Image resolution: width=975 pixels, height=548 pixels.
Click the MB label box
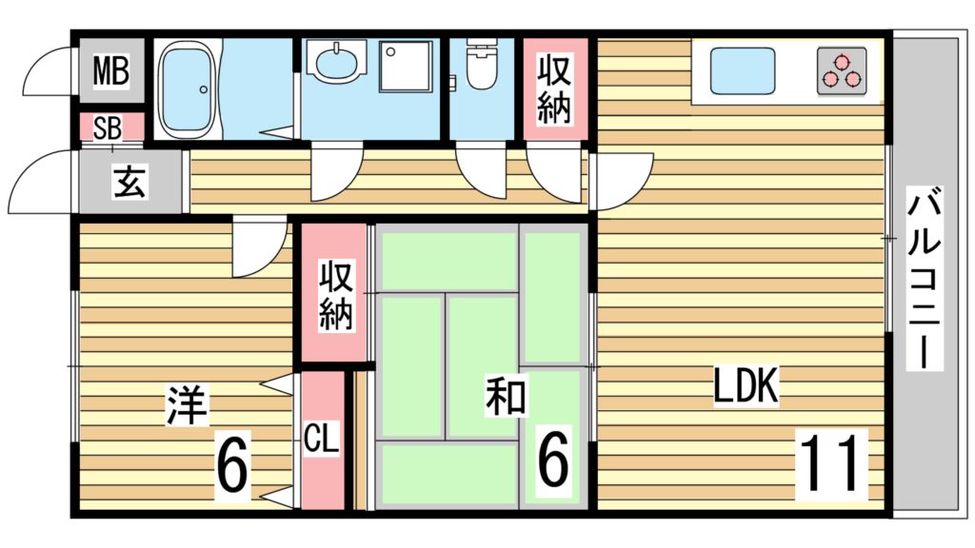[x=110, y=71]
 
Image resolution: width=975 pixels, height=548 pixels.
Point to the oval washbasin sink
[x=339, y=65]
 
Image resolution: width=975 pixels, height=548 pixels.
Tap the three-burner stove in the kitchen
[x=842, y=71]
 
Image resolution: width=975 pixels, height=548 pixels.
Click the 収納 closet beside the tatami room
[x=335, y=295]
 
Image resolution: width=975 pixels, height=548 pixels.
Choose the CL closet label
[x=321, y=440]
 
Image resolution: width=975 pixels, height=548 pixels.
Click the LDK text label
[x=747, y=386]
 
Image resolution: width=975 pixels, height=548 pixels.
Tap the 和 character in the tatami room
[x=506, y=397]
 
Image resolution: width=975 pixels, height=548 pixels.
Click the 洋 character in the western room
[x=187, y=404]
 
